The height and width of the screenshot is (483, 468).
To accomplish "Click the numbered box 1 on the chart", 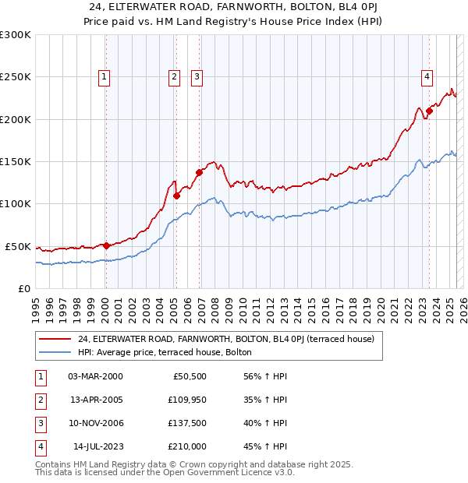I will pos(104,76).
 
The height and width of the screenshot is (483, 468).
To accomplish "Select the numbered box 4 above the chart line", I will pos(427,76).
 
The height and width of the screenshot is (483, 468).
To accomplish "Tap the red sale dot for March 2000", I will pos(106,245).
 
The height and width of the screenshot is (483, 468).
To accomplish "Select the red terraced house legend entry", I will pos(226,339).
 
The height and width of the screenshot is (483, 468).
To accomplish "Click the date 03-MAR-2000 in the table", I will pos(96,376).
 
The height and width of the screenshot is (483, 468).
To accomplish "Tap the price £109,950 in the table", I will pos(187,400).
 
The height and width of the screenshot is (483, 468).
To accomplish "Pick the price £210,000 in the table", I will pos(187,446).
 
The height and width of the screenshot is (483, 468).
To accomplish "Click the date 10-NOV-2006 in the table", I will pos(96,423).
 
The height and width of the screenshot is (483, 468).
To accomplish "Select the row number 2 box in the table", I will pos(39,400).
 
